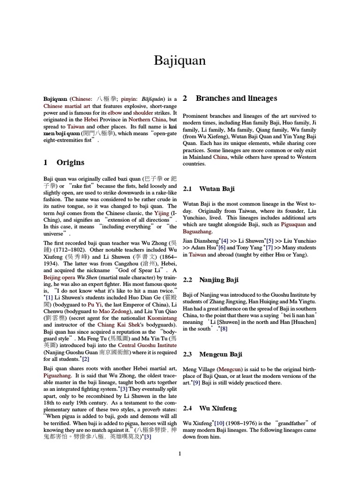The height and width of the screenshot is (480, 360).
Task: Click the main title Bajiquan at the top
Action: click(180, 60)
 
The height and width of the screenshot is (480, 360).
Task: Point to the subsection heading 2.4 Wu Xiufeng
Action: click(210, 408)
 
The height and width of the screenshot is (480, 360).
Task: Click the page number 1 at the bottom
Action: click(180, 453)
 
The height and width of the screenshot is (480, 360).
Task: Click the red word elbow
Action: click(115, 113)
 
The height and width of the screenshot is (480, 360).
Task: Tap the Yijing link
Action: click(161, 213)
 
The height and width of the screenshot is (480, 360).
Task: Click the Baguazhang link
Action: click(198, 231)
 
